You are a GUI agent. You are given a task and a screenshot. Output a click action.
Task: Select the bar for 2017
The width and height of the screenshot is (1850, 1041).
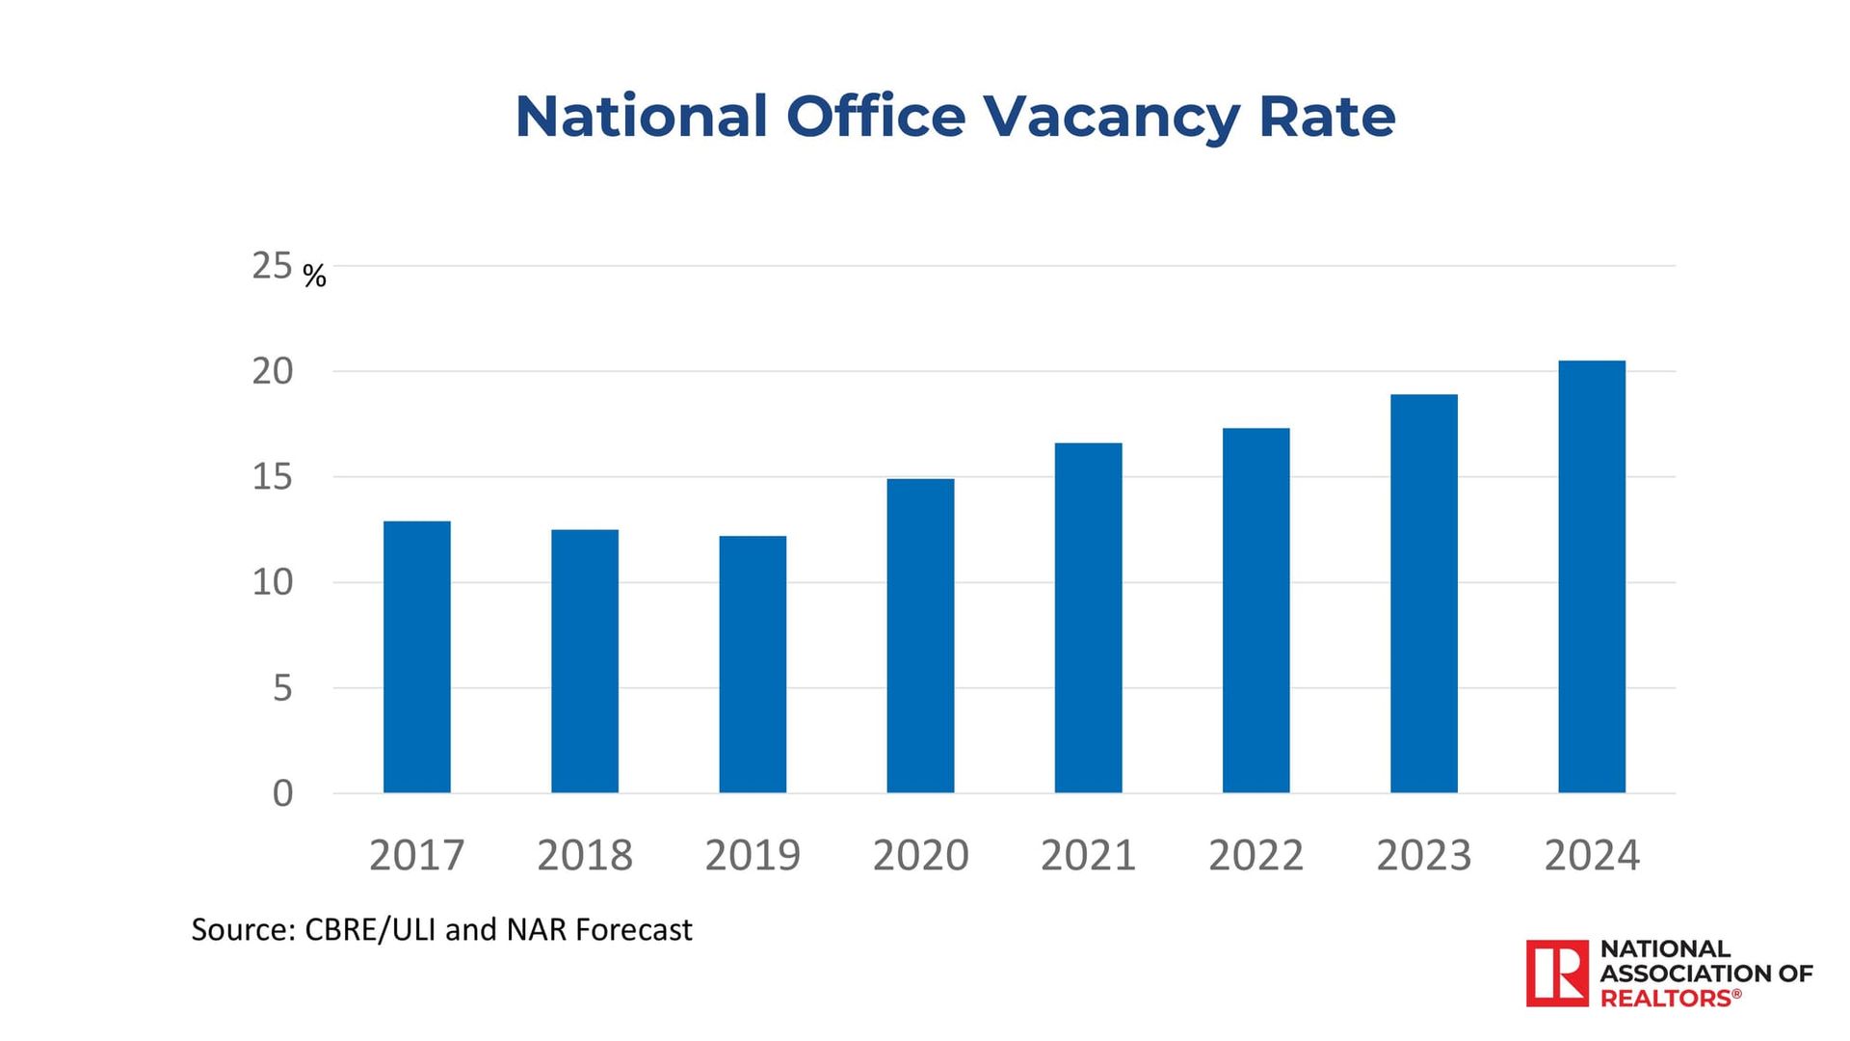(416, 656)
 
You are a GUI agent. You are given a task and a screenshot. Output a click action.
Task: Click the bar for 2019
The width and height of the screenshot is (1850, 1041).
(753, 664)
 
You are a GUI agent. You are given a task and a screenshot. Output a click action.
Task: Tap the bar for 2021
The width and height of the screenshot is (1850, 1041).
(1088, 618)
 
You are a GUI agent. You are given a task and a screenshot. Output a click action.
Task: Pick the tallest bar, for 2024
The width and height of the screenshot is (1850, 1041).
(1592, 576)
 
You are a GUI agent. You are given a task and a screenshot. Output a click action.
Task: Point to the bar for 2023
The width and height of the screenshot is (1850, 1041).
(1423, 593)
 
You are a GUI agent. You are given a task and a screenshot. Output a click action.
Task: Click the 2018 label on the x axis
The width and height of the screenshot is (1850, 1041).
(585, 855)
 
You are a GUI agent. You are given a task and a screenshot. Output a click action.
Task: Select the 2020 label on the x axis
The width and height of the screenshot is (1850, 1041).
(920, 855)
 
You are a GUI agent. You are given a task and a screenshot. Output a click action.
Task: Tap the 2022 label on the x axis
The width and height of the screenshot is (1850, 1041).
(1255, 855)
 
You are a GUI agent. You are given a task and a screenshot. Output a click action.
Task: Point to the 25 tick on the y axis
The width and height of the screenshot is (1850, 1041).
(272, 266)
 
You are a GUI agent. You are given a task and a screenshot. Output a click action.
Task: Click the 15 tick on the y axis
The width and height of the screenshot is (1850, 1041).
(272, 477)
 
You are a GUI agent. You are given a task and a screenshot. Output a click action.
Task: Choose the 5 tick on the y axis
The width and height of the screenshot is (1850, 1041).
(281, 688)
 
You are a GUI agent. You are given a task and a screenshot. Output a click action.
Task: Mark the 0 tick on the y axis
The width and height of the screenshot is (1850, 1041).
(282, 793)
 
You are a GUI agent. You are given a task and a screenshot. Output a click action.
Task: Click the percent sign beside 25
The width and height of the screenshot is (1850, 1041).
(314, 277)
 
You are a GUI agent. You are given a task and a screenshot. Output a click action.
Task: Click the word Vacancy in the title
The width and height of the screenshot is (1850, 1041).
(1111, 118)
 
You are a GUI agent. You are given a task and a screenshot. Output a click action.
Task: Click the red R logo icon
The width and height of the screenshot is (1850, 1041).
(1556, 974)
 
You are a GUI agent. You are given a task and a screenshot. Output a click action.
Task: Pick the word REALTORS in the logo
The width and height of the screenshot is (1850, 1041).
(1666, 999)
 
